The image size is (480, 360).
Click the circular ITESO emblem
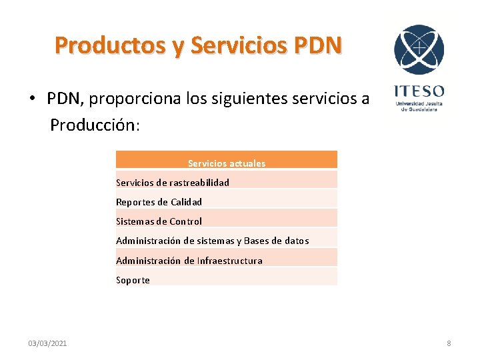[x=419, y=50]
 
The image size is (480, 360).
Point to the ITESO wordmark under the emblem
[x=419, y=91]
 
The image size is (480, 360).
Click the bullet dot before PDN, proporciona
[x=32, y=99]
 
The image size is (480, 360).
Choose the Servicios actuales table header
[x=227, y=163]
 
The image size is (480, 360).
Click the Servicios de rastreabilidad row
[x=173, y=183]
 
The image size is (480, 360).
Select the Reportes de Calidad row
[x=159, y=202]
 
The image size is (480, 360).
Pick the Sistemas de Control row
[x=159, y=221]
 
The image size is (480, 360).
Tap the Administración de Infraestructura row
[x=189, y=261]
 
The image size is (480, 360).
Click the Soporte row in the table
[x=133, y=280]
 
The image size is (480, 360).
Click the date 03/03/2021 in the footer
[x=47, y=343]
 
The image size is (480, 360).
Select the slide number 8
[x=449, y=343]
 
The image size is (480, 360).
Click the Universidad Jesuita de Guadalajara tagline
[x=419, y=107]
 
